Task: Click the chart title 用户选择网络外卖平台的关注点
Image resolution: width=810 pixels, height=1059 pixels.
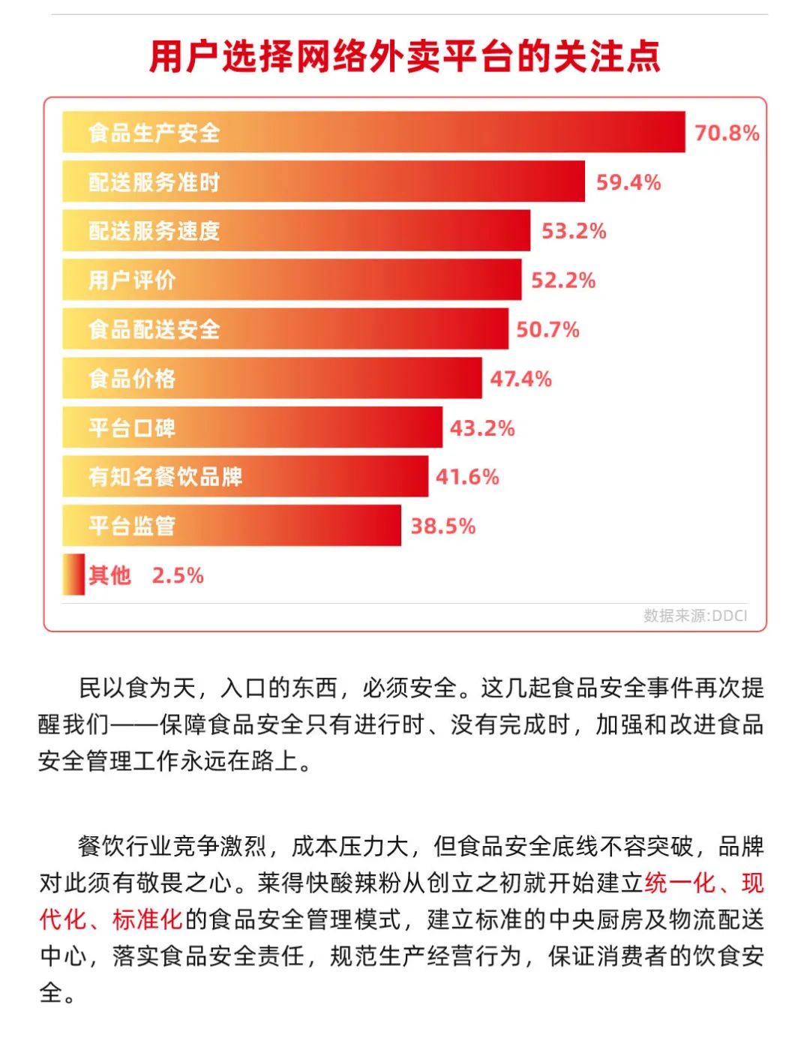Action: pos(405,57)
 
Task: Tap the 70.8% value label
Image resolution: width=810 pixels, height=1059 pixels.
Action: pos(727,133)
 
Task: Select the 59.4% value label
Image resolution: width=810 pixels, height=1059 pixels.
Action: pos(628,182)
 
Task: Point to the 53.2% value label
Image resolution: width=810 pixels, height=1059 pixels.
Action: pos(574,231)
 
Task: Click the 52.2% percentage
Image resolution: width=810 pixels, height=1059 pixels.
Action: pos(563,280)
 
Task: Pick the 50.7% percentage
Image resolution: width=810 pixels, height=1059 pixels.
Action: pos(547,329)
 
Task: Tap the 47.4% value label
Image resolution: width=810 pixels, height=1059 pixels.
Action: pos(520,379)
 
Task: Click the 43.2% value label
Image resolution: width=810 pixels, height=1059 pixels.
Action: pos(482,428)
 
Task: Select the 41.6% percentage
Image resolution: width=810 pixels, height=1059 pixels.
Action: pos(467,477)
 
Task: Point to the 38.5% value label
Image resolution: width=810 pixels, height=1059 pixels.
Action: pos(442,526)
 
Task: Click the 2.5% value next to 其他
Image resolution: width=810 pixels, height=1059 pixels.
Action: pos(178,575)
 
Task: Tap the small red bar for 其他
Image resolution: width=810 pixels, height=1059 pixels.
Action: pos(73,574)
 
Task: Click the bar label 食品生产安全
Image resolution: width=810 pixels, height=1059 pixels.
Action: pos(154,133)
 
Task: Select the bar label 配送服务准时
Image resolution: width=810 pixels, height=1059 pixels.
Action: pos(154,182)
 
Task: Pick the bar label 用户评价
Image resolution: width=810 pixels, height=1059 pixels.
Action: pos(132,280)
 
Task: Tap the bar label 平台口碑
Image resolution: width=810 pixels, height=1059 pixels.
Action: pos(132,428)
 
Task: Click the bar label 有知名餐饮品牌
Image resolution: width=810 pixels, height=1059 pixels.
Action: pos(165,477)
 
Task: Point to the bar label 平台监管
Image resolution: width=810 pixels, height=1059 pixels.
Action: pos(132,526)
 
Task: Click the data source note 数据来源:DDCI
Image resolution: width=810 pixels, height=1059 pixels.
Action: pos(695,616)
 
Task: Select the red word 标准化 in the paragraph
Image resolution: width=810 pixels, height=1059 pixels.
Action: pos(148,919)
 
